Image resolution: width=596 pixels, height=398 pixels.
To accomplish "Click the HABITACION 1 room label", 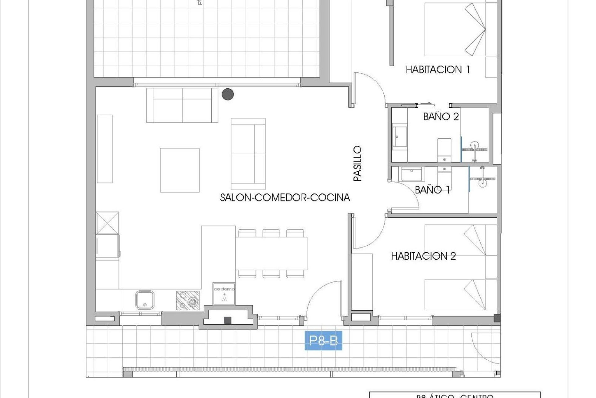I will (x=438, y=70).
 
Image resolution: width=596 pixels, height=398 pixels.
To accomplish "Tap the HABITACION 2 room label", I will (x=423, y=256).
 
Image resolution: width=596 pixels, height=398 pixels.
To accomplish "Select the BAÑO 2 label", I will (x=441, y=117).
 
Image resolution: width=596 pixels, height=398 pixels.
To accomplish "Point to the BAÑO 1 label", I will (x=432, y=190).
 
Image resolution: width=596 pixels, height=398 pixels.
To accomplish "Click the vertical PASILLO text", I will (x=358, y=164).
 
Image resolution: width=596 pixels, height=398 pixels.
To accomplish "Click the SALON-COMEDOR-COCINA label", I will (x=285, y=198).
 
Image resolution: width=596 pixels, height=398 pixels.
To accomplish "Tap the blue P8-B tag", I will (x=323, y=341).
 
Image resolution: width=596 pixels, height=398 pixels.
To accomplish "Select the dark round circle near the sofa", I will (x=228, y=94).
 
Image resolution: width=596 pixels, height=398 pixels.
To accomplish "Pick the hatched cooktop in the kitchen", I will (x=188, y=300).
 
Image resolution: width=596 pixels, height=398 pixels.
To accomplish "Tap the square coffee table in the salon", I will (x=180, y=170).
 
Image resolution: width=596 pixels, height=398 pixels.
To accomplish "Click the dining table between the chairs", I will (x=271, y=253).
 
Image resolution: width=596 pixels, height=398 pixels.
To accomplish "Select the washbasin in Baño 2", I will (x=400, y=136).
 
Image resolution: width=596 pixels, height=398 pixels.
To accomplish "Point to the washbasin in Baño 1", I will (x=411, y=174).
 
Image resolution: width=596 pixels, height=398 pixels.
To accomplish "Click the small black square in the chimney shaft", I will (x=228, y=320).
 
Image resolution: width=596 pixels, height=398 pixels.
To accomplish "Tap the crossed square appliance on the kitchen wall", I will (x=107, y=223).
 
